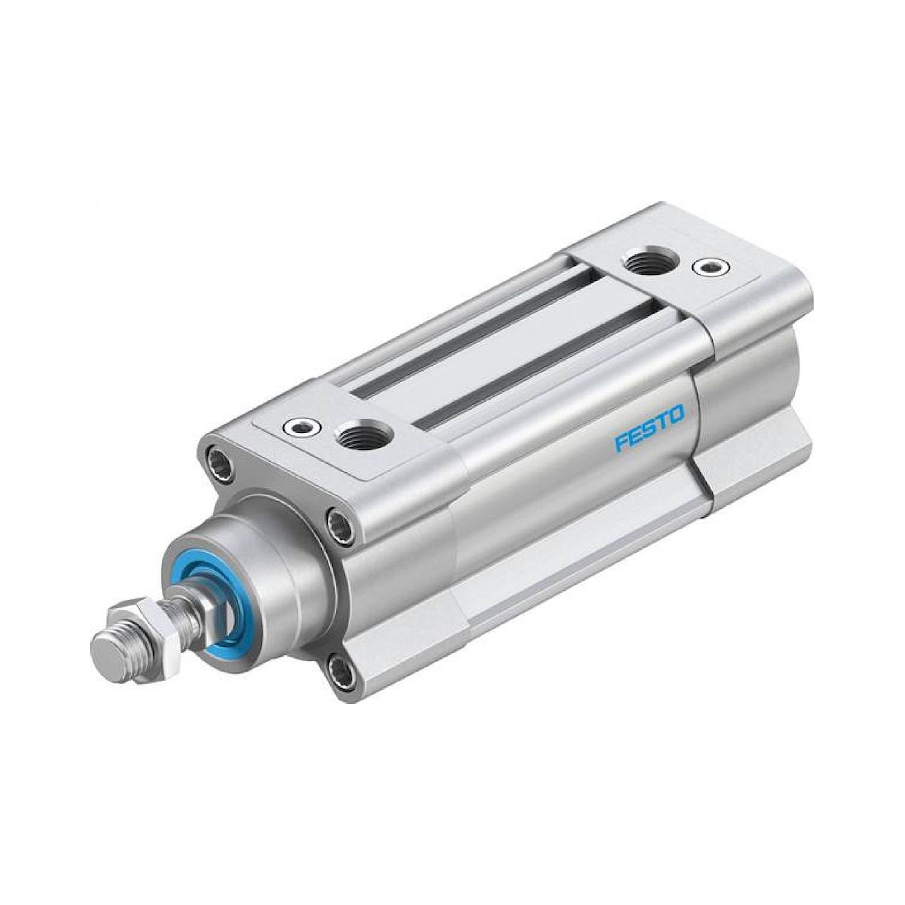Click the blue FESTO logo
[x=650, y=428]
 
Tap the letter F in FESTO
[x=621, y=443]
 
